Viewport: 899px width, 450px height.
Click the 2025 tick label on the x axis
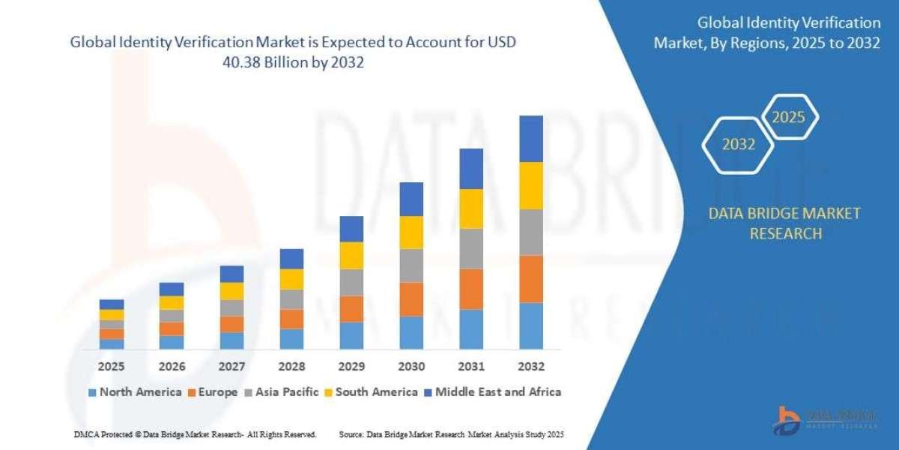(112, 367)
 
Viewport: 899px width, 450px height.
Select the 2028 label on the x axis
(291, 367)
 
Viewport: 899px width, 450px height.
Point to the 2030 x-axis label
(411, 367)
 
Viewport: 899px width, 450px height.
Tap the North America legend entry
(135, 391)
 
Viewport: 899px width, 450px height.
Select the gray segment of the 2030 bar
(411, 265)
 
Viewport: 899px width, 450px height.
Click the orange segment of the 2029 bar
(351, 309)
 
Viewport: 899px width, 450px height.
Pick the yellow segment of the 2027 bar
(231, 291)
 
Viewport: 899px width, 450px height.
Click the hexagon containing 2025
(788, 117)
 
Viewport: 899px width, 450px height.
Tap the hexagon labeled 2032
(739, 145)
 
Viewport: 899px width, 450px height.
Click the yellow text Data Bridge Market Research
(784, 223)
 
